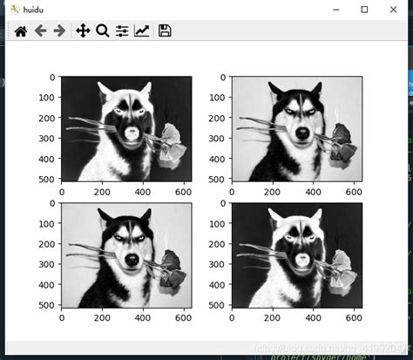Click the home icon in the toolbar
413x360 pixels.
click(x=20, y=31)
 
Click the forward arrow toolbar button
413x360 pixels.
click(x=59, y=31)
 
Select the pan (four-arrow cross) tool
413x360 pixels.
click(x=83, y=31)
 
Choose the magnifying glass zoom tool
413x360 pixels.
click(x=102, y=31)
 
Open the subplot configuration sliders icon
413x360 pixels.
click(x=122, y=31)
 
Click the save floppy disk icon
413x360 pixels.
click(x=165, y=31)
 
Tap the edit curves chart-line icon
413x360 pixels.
click(x=141, y=31)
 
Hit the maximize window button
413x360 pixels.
click(x=364, y=10)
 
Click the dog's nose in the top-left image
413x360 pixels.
click(x=130, y=133)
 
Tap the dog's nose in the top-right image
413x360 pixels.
click(x=301, y=133)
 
